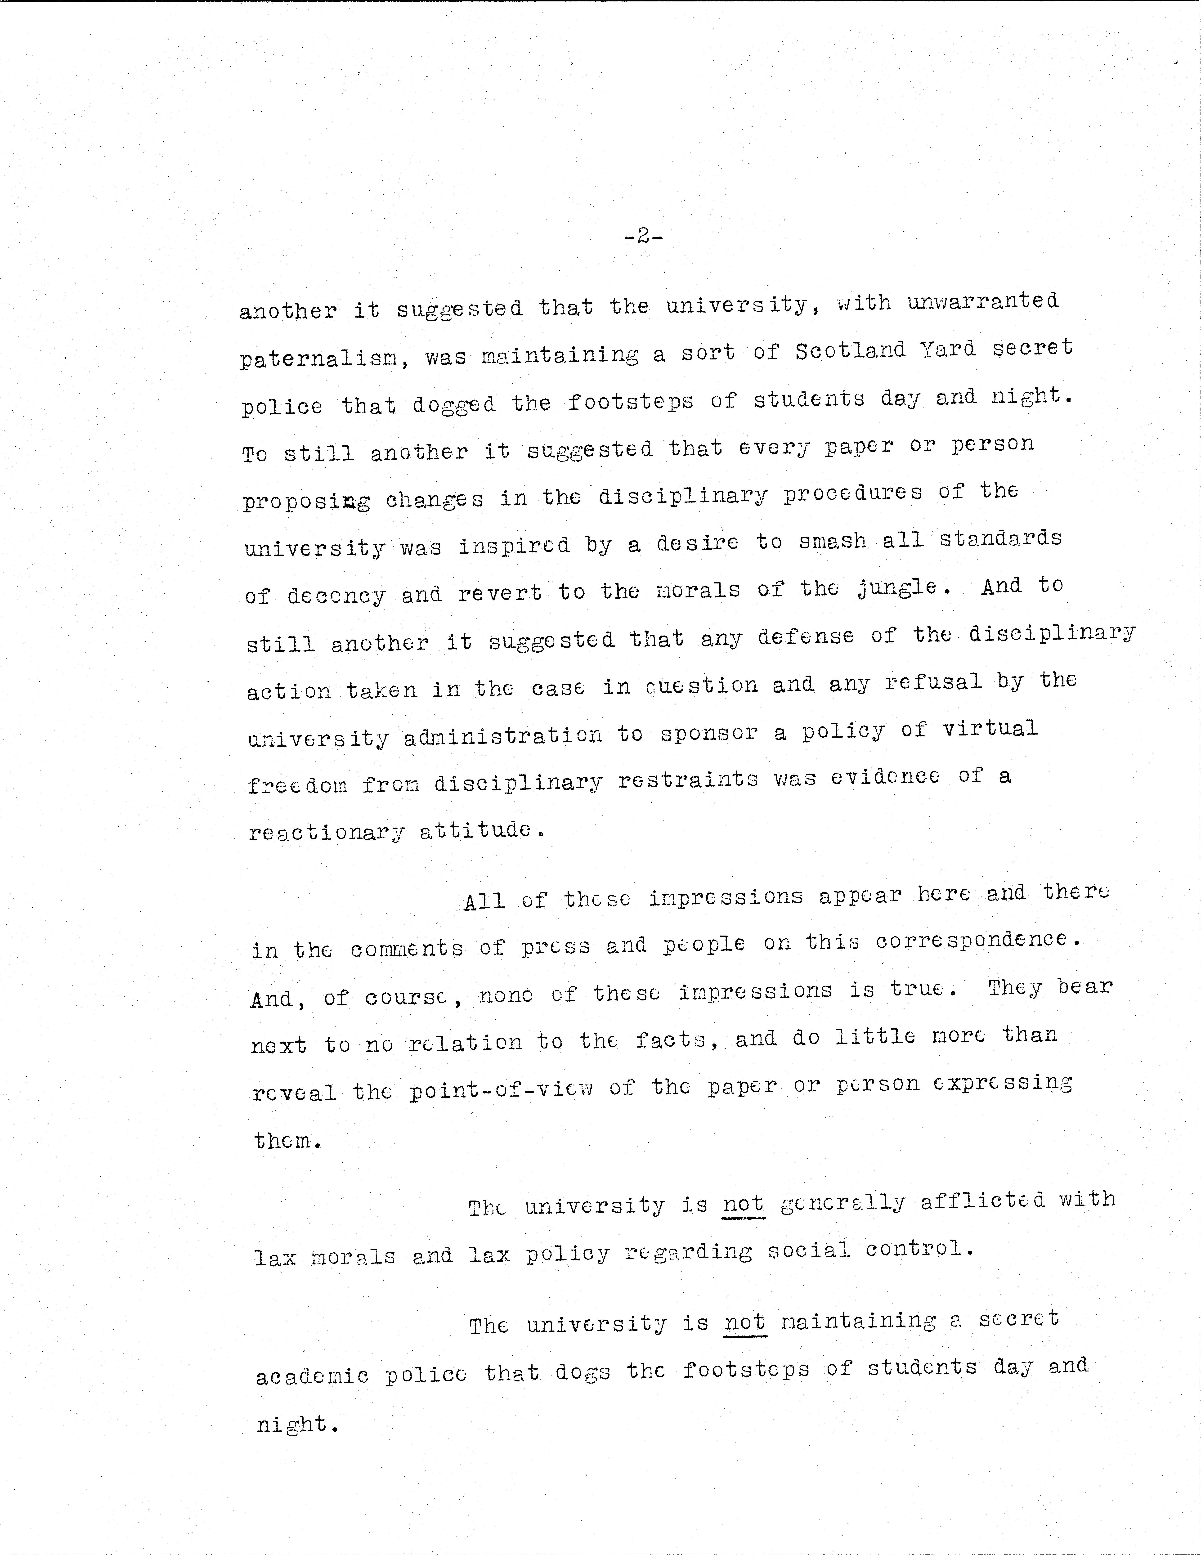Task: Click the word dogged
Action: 453,404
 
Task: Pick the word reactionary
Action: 327,832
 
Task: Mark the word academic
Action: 312,1376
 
